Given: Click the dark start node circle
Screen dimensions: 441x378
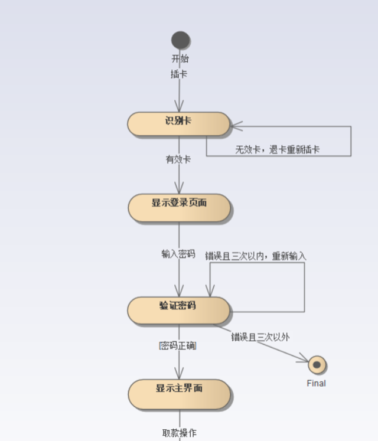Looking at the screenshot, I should click(180, 40).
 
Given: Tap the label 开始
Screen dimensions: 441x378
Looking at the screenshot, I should click(180, 58).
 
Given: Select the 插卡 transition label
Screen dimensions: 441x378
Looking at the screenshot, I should click(179, 74).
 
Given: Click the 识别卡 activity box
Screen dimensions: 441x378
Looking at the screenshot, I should click(178, 123).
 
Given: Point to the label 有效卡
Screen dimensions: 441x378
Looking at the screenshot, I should click(178, 159).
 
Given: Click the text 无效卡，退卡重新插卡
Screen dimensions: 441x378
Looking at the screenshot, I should click(278, 150).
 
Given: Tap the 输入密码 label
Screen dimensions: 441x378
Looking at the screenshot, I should click(178, 254).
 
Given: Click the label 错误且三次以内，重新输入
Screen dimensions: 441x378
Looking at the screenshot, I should click(256, 256).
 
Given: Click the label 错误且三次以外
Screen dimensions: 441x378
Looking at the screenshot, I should click(260, 337).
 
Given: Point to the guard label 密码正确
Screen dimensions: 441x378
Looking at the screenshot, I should click(178, 346).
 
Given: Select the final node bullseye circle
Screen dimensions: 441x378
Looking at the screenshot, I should click(317, 365).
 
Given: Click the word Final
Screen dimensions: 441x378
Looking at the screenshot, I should click(316, 383).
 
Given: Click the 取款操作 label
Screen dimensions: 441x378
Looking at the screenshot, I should click(180, 433).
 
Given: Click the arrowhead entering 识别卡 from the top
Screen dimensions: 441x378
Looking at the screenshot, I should click(180, 107).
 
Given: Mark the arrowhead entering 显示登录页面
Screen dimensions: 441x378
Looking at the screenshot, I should click(180, 189).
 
